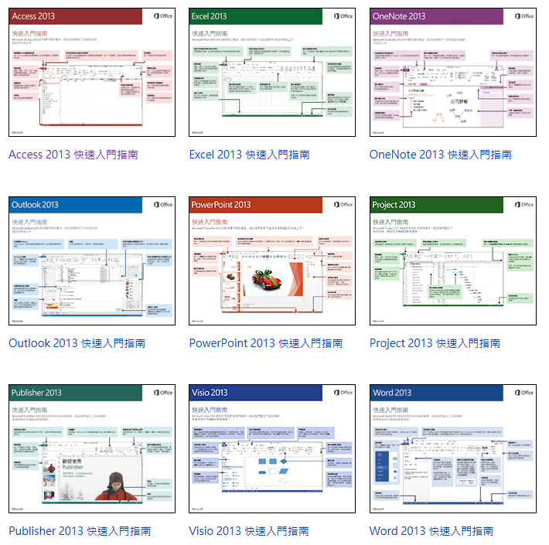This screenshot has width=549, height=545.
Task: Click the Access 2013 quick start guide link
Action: point(73,155)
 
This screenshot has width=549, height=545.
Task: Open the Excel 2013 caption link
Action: point(249,155)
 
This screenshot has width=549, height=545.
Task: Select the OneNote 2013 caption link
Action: point(440,155)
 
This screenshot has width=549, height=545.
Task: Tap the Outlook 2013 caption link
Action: point(77,343)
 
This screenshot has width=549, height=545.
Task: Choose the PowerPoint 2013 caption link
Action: point(266,343)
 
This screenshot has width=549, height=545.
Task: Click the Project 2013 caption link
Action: point(435,343)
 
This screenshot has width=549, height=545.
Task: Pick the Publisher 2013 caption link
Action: point(80,531)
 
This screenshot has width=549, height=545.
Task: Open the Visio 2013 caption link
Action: point(248,531)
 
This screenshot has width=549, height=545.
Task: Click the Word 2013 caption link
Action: point(431,531)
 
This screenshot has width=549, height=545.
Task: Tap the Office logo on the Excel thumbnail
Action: point(343,16)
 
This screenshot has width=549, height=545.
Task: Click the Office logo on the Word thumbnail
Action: point(523,393)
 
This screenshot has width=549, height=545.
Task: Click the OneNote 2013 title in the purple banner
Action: point(398,16)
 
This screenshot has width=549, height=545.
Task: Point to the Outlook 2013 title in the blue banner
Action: point(35,205)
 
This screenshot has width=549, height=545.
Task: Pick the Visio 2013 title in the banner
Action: point(210,393)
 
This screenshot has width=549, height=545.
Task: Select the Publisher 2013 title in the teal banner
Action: point(36,393)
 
